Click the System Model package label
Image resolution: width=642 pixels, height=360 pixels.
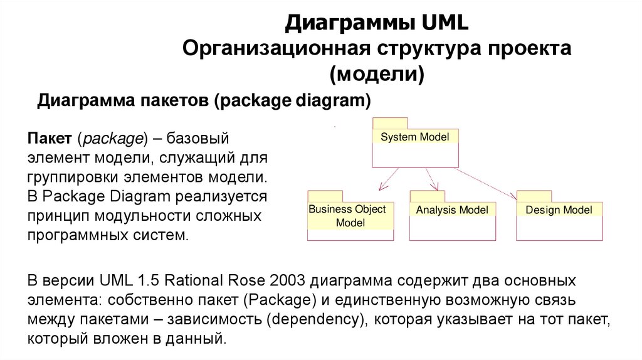415,137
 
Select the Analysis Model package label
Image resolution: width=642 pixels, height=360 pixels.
451,210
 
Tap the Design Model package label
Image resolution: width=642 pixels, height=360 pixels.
559,210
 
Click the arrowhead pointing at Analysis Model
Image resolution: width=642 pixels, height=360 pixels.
435,186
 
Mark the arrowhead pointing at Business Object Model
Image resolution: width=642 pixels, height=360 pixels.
381,186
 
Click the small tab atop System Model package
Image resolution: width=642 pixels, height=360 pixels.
389,123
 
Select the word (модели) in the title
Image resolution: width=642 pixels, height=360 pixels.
377,75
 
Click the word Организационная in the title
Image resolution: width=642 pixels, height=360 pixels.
276,50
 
